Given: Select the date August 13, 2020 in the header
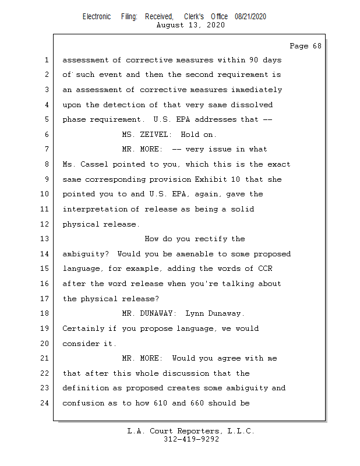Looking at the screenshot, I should coord(190,25).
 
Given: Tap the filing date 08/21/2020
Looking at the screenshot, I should coord(250,17).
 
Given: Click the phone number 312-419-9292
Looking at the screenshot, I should coord(190,439).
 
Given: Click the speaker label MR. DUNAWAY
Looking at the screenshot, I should coord(148,313).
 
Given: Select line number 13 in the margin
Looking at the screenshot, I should coord(46,239).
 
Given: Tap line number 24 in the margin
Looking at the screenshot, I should coord(46,403).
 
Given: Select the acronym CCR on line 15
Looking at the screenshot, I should coord(265,269).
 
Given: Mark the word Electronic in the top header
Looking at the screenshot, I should coord(97,17).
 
